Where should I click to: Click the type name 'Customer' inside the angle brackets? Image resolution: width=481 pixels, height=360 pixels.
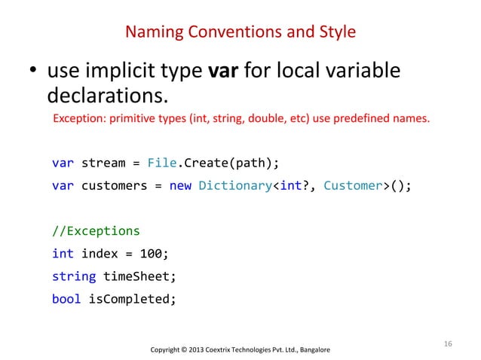[x=351, y=186]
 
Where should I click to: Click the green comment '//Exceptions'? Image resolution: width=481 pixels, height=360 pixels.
[x=96, y=230]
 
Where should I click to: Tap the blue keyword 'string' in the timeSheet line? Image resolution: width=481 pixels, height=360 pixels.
[x=74, y=276]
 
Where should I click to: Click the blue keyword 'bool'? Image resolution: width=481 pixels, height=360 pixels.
[x=67, y=298]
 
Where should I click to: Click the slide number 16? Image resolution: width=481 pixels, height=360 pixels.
[x=448, y=344]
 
